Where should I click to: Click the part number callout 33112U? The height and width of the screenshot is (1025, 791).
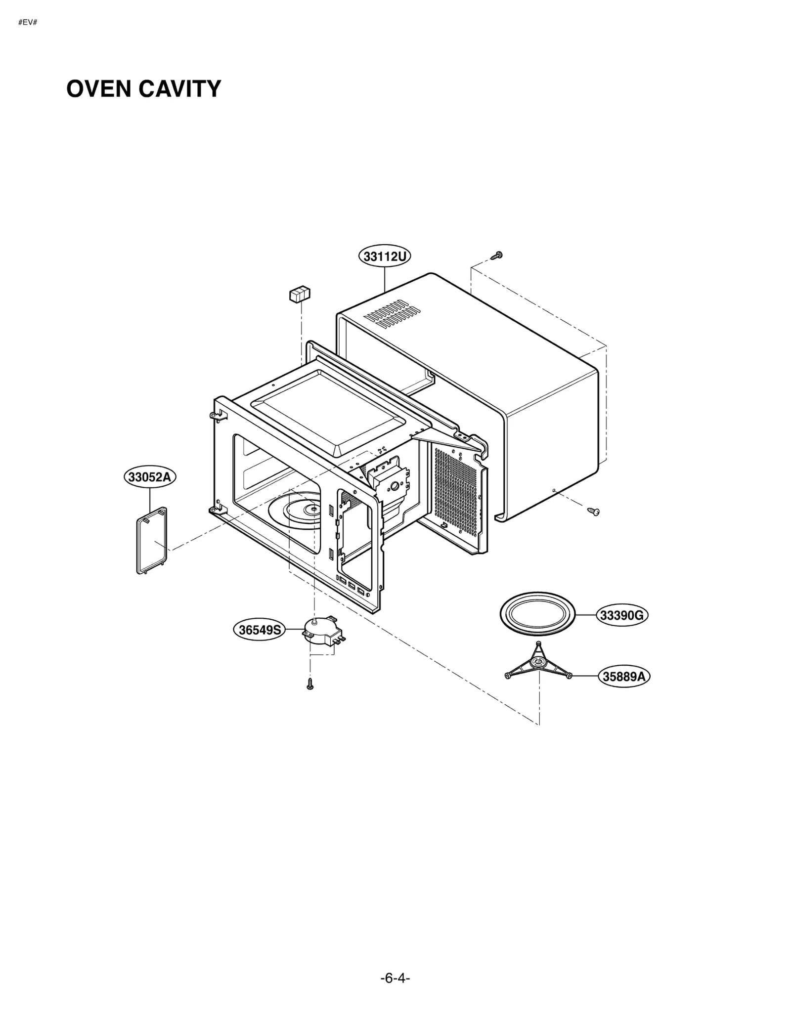coord(385,256)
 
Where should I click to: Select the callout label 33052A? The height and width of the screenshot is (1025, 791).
coord(149,477)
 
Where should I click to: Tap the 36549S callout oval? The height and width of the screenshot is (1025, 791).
coord(260,630)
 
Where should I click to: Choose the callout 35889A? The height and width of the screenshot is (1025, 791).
coord(624,676)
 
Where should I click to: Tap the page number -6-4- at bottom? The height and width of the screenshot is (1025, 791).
coord(395,978)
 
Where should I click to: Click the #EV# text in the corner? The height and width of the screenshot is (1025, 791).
coord(28,23)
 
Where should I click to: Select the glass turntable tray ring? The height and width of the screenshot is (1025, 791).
coord(538,614)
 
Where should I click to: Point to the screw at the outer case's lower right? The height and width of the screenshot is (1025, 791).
coord(593,511)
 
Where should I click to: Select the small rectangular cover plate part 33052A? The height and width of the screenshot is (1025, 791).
coord(152,540)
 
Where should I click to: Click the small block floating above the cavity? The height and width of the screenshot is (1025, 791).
coord(300,294)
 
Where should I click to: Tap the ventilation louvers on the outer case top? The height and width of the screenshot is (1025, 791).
coord(392,313)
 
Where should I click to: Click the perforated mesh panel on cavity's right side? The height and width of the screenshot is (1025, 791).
coord(455,491)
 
